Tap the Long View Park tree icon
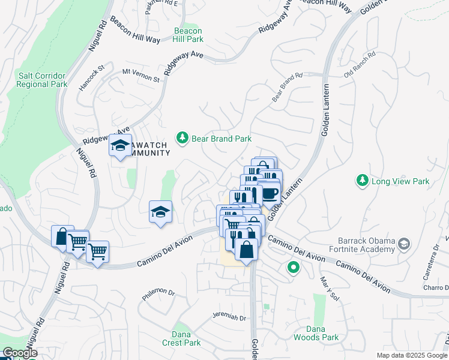coord(362,181)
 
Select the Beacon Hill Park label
coord(188,35)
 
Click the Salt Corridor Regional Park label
coord(42,80)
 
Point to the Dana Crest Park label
coord(181,339)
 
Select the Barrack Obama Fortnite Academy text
coord(364,244)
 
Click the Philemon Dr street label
coord(158,294)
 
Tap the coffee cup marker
coord(269,193)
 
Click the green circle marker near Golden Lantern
coord(294,268)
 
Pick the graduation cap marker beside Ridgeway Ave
coord(120,145)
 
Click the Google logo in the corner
coord(20,353)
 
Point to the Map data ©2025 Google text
coord(411,355)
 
